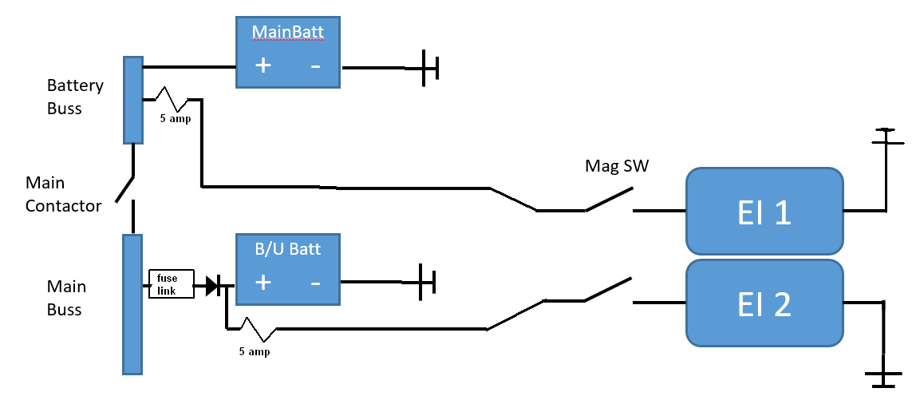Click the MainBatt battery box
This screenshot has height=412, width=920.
(288, 52)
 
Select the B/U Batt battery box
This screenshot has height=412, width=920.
(288, 269)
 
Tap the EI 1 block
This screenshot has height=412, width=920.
(764, 212)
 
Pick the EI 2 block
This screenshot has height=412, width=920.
(764, 303)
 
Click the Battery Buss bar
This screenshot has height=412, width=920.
(133, 101)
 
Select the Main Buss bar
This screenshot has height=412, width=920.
(132, 304)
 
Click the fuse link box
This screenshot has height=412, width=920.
(172, 284)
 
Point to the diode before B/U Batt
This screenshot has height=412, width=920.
(214, 287)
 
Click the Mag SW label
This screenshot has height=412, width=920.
(618, 166)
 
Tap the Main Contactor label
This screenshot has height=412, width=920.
(63, 194)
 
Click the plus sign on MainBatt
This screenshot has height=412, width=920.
(263, 65)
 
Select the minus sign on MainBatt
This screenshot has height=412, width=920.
(315, 65)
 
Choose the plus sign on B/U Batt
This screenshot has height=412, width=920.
(263, 283)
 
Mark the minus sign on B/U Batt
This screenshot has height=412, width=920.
(315, 283)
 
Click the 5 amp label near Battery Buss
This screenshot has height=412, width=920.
(176, 119)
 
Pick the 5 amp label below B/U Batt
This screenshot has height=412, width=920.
(255, 352)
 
